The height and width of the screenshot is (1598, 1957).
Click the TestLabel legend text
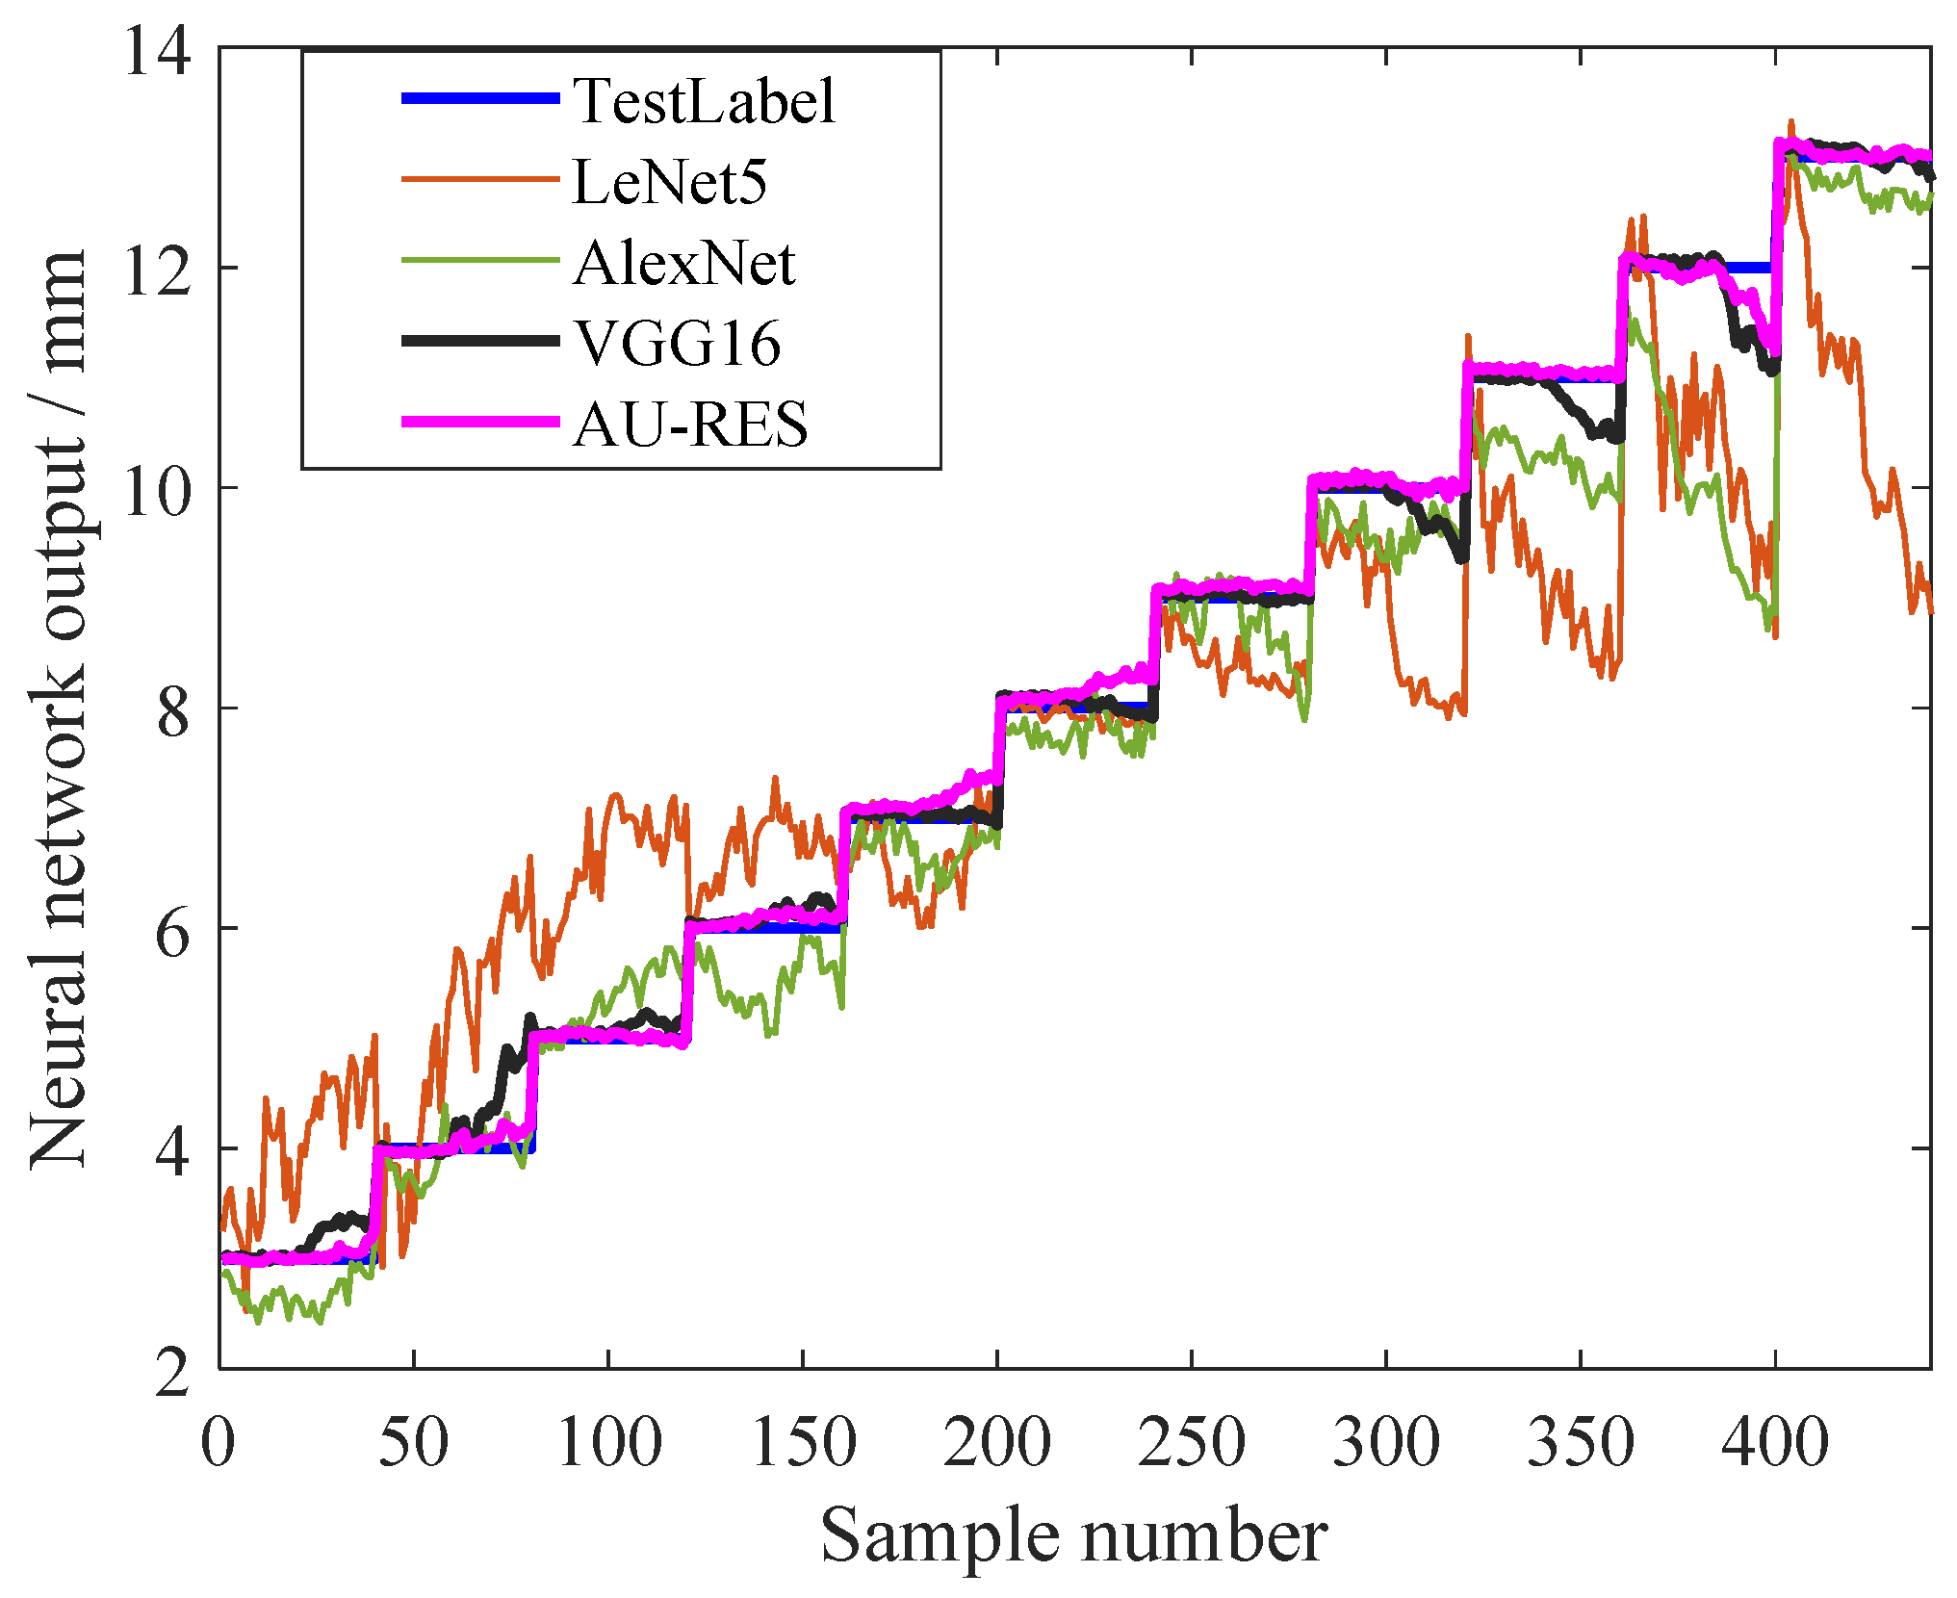704,100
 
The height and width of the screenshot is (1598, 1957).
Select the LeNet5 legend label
669,181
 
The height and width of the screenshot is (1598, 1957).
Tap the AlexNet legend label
683,262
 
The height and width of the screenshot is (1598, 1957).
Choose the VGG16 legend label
677,343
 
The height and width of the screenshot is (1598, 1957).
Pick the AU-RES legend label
690,424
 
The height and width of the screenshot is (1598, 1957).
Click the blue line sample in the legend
479,98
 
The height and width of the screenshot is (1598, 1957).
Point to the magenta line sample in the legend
479,422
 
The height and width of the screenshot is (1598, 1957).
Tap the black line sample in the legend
479,341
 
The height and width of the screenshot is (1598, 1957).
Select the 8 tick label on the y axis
173,711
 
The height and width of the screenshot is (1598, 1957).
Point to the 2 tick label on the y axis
173,1372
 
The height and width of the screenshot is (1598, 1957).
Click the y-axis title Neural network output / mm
58,708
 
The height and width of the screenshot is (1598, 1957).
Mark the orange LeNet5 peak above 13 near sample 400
1790,124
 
